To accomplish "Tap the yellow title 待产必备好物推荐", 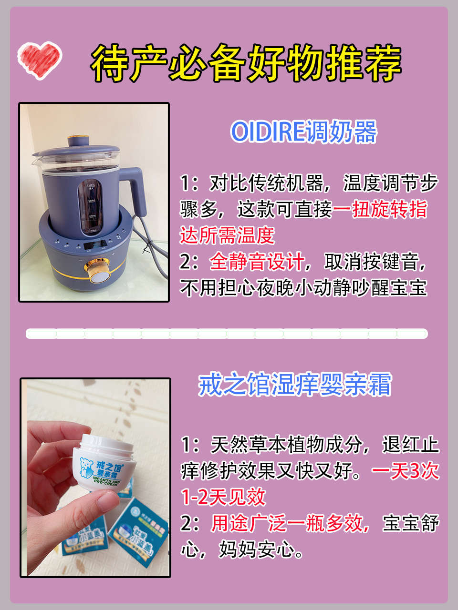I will click(246, 63).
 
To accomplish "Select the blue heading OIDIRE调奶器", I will click(303, 132).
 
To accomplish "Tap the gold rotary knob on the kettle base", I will click(97, 275).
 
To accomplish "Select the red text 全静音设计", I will click(257, 262).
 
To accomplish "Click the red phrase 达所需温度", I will click(227, 235).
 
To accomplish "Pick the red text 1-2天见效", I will click(223, 497).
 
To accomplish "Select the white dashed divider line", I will click(227, 334).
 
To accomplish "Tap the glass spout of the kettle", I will click(39, 157).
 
